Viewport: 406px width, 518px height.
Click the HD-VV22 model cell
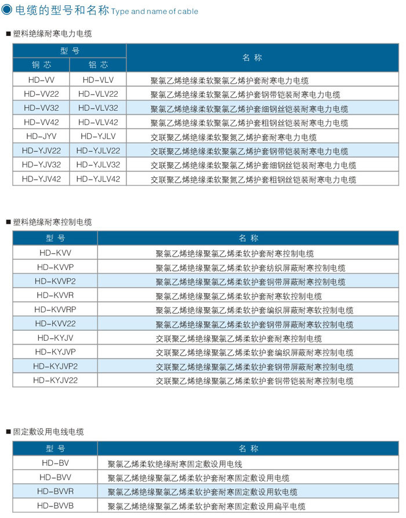click(41, 94)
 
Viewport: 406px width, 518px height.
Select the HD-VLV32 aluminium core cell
click(98, 108)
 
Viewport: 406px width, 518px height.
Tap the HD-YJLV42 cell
click(98, 179)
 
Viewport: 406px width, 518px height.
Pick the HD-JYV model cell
click(41, 136)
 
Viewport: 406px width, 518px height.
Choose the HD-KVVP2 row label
click(56, 281)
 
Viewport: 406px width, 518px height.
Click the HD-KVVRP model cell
click(56, 309)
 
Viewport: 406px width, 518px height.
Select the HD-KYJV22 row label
click(56, 380)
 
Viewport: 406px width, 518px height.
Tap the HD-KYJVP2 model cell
click(56, 366)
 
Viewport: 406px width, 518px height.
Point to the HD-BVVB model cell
click(56, 505)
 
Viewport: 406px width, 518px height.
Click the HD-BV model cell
click(56, 463)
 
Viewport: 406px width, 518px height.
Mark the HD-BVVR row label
click(56, 491)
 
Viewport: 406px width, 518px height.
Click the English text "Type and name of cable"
click(154, 12)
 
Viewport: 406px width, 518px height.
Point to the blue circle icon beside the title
click(7, 10)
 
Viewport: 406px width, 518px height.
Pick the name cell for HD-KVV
click(234, 253)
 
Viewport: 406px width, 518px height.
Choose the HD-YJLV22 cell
click(98, 151)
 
